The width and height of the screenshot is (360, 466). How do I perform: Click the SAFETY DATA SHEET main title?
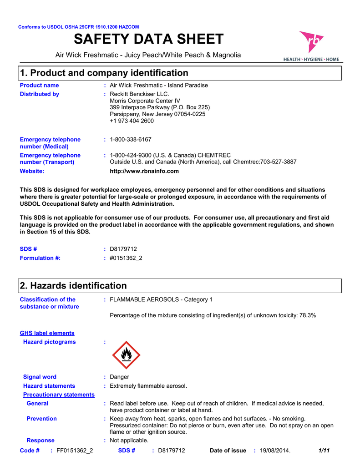tap(148, 40)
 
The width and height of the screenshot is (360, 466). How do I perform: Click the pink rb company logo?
tap(311, 43)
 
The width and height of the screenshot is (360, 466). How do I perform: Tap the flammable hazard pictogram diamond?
tap(126, 355)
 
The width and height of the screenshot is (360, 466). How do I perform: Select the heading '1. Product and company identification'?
tap(104, 73)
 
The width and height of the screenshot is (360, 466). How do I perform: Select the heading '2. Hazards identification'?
tap(73, 286)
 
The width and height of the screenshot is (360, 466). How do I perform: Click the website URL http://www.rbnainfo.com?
tap(144, 171)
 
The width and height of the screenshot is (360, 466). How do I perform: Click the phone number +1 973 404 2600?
tap(132, 121)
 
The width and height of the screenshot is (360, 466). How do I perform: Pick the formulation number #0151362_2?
tap(126, 258)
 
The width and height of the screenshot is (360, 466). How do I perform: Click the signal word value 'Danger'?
tap(119, 377)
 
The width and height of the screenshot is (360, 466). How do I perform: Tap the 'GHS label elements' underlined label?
tap(47, 333)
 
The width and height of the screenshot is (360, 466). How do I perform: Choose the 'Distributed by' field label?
tap(40, 94)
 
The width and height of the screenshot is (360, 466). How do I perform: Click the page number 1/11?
tap(324, 451)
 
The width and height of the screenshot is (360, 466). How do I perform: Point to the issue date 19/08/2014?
tap(275, 451)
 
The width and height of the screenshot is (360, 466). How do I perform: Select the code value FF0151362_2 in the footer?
tap(75, 451)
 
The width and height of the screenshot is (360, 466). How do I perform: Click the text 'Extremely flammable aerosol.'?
tap(148, 386)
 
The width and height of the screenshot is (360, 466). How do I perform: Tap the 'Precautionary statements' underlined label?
tap(59, 395)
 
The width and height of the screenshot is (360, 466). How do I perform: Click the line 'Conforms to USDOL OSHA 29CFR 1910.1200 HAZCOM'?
tap(78, 27)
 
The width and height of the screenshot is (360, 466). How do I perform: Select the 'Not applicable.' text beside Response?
tap(129, 441)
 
